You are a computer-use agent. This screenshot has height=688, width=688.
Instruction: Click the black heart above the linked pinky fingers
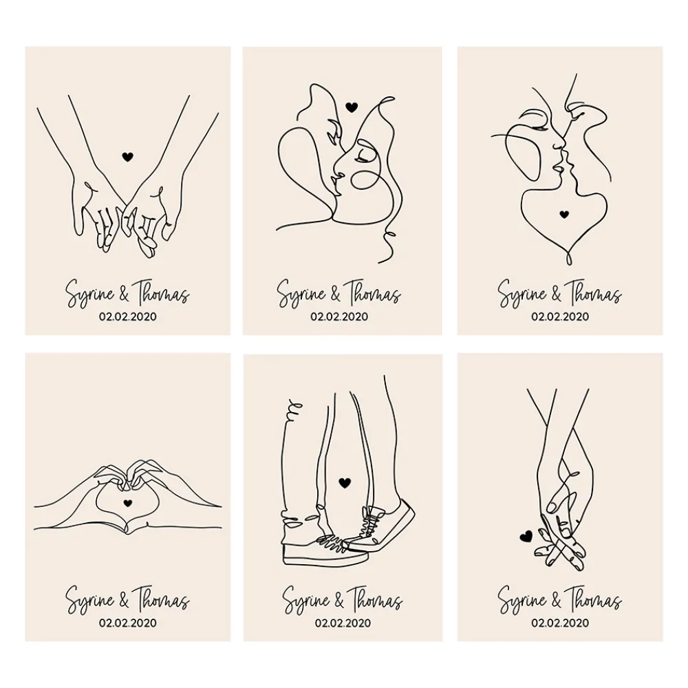(127, 157)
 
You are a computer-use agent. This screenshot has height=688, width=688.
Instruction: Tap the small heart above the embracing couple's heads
(351, 107)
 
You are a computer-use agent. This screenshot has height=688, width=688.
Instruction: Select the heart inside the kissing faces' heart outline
(563, 214)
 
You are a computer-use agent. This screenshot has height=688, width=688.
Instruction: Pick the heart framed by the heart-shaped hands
(127, 503)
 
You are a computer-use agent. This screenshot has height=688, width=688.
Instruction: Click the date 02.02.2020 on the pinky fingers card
(128, 316)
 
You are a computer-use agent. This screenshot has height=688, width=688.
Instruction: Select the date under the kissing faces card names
(560, 316)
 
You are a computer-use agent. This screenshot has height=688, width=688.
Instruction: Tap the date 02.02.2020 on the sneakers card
(343, 623)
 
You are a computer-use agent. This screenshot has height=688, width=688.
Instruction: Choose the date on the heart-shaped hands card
(128, 623)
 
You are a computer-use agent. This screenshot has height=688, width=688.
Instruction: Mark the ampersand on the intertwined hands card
(554, 601)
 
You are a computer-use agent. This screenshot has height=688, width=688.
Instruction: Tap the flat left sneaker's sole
(323, 558)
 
